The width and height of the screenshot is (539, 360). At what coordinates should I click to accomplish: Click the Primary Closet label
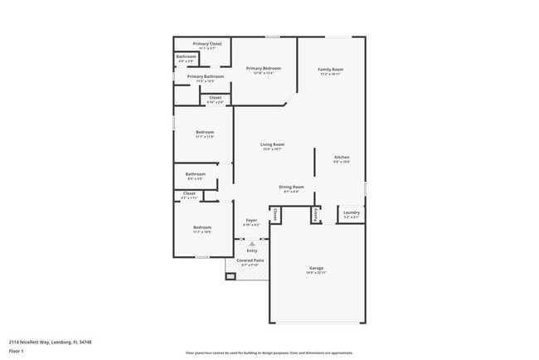tap(206, 43)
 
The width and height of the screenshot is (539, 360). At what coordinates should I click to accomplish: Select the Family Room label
tap(331, 69)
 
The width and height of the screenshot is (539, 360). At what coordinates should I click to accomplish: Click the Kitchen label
tap(342, 157)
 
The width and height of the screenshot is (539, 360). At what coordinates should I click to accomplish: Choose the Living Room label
tap(273, 144)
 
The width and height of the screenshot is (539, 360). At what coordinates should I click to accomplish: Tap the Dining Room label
tap(291, 187)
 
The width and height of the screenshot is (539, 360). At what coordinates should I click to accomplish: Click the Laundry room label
tap(351, 212)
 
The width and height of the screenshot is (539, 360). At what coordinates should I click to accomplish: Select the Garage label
tap(316, 268)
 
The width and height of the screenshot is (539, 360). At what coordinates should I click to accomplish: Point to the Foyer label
tap(251, 220)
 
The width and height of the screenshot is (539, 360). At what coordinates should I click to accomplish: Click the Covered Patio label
tap(250, 260)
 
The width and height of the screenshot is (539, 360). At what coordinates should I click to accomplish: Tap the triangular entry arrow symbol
tap(251, 244)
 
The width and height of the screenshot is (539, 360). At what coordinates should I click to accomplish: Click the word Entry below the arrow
tap(251, 251)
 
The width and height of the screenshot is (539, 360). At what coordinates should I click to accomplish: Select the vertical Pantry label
tap(316, 214)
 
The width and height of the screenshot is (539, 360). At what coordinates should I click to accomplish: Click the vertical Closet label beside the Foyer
tap(274, 214)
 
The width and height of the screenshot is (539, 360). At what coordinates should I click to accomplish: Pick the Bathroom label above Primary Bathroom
tap(186, 56)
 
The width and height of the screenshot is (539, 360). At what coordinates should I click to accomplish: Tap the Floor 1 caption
tap(17, 351)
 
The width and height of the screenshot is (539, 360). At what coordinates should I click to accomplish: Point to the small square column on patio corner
tap(231, 276)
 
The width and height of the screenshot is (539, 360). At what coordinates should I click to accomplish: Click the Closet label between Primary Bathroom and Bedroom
tap(215, 98)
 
